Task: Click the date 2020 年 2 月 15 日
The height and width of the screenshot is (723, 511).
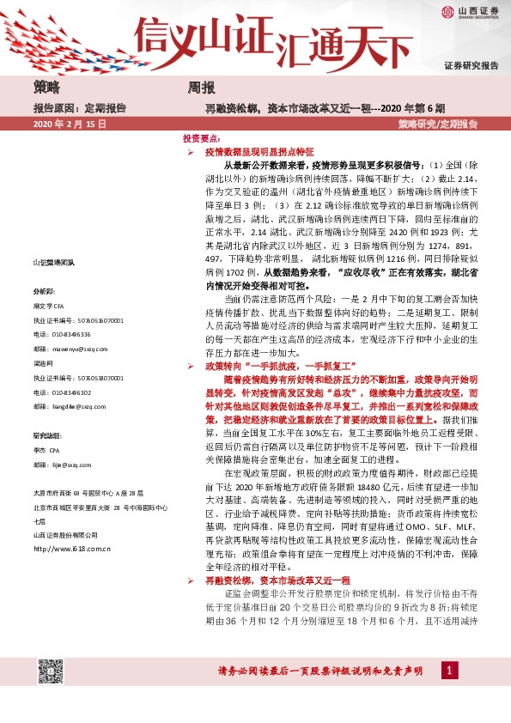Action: [x=70, y=125]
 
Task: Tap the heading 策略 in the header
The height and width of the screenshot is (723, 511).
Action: [x=47, y=88]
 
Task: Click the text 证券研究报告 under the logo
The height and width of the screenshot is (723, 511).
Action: [x=471, y=65]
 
